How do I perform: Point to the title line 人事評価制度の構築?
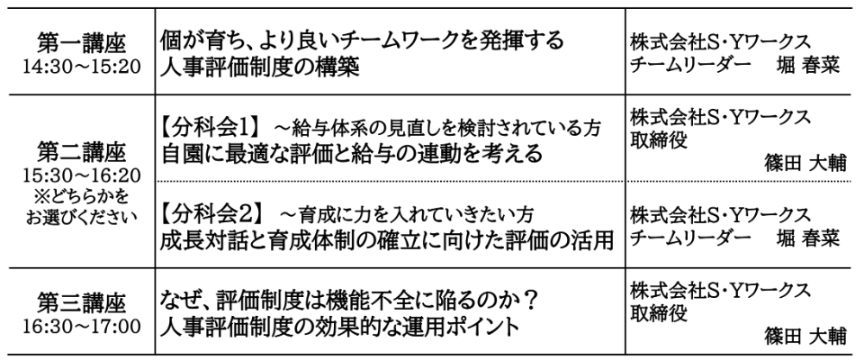tap(261, 68)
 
